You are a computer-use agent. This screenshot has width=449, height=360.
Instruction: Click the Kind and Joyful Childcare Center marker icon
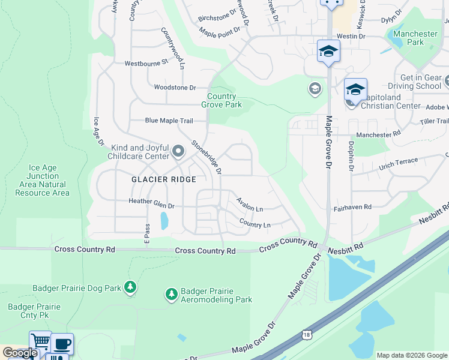[178, 151]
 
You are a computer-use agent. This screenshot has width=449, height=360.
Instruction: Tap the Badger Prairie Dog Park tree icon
[130, 288]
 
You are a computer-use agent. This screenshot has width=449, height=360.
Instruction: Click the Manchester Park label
[416, 38]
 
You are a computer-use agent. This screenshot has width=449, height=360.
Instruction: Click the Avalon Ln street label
[249, 205]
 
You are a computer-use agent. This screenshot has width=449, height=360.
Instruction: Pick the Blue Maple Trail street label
[169, 121]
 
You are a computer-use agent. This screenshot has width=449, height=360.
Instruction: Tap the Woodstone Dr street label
[175, 88]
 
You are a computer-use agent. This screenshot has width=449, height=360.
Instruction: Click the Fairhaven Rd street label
[352, 206]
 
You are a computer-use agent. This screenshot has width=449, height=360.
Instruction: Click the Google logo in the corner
[19, 353]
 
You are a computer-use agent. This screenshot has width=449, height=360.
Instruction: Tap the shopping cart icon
[40, 342]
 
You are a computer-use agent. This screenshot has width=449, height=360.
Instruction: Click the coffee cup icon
[62, 344]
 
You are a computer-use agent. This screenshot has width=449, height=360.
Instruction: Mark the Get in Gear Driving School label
[421, 82]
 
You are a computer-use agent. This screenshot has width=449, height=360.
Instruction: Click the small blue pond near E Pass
[164, 221]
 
